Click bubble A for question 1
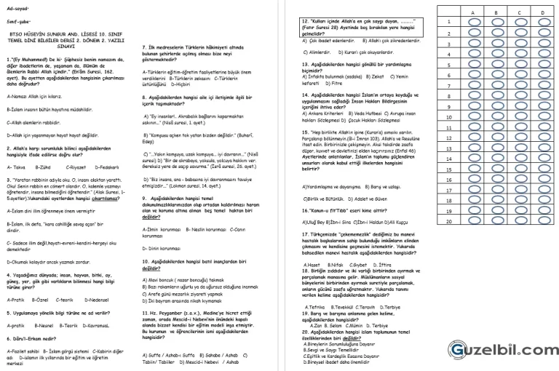click(x=475, y=23)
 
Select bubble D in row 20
click(x=544, y=221)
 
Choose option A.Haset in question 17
click(x=316, y=265)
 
